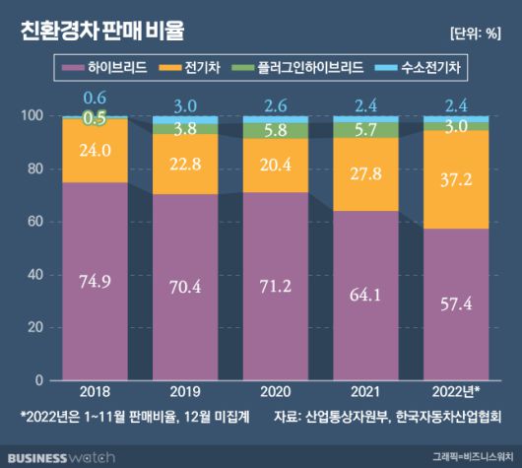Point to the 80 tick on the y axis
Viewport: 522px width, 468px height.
(x=37, y=168)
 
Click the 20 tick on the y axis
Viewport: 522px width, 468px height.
(x=37, y=327)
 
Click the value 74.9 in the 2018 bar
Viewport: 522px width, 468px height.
(x=95, y=280)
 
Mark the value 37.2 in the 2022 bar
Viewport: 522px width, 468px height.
(x=455, y=178)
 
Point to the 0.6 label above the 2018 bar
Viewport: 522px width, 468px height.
(x=95, y=98)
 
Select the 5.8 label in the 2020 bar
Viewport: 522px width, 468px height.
(x=275, y=130)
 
